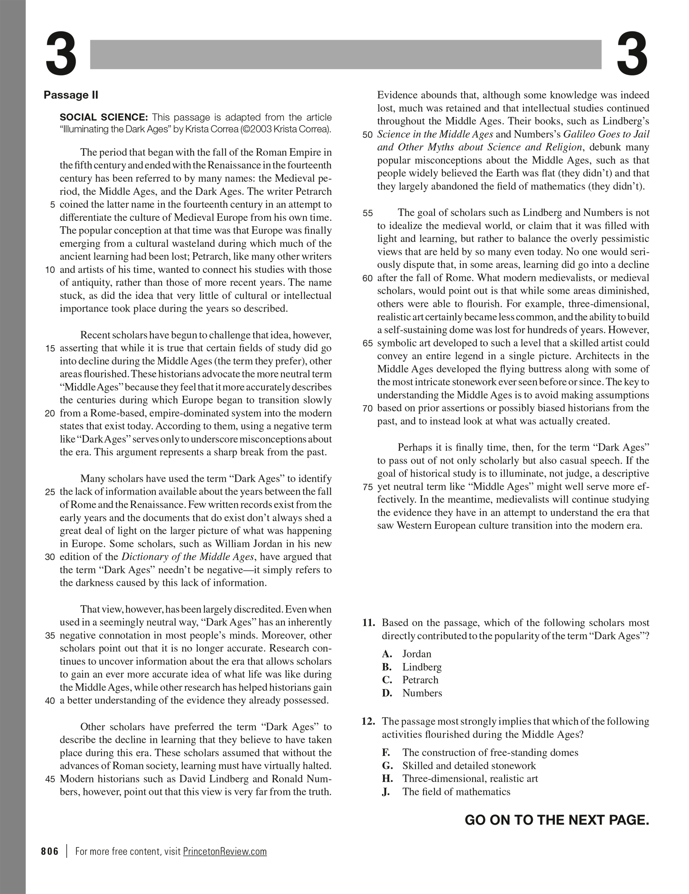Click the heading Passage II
click(71, 95)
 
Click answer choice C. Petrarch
click(410, 680)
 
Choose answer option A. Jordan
click(407, 654)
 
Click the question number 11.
click(368, 623)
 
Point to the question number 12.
click(368, 721)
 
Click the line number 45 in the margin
click(50, 779)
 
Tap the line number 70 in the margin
click(368, 409)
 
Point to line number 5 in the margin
click(53, 205)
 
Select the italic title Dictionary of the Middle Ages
click(188, 557)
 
